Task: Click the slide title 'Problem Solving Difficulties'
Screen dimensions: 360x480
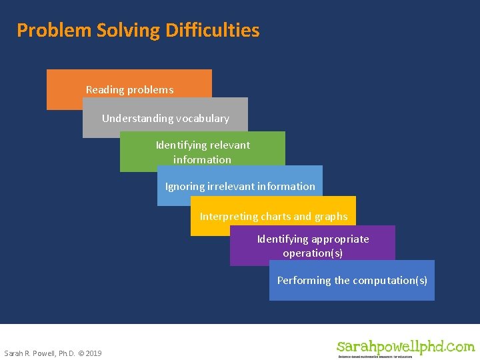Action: click(x=138, y=30)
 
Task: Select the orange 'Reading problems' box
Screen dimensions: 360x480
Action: click(x=129, y=89)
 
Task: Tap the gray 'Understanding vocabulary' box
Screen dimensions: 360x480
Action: click(x=165, y=118)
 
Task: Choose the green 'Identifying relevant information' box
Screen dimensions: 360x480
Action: click(x=203, y=152)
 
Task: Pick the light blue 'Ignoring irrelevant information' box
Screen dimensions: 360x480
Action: click(x=240, y=186)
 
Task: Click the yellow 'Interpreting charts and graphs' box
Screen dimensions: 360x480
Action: click(x=273, y=216)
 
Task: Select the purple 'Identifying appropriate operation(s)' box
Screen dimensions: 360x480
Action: click(x=313, y=246)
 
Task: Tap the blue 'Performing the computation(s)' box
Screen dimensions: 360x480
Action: click(x=352, y=280)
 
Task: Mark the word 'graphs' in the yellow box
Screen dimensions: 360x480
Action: click(x=331, y=217)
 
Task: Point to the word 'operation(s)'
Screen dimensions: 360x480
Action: click(x=313, y=253)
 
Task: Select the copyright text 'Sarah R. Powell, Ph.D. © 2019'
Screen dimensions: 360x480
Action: click(x=53, y=353)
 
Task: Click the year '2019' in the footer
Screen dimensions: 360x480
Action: click(x=93, y=353)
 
